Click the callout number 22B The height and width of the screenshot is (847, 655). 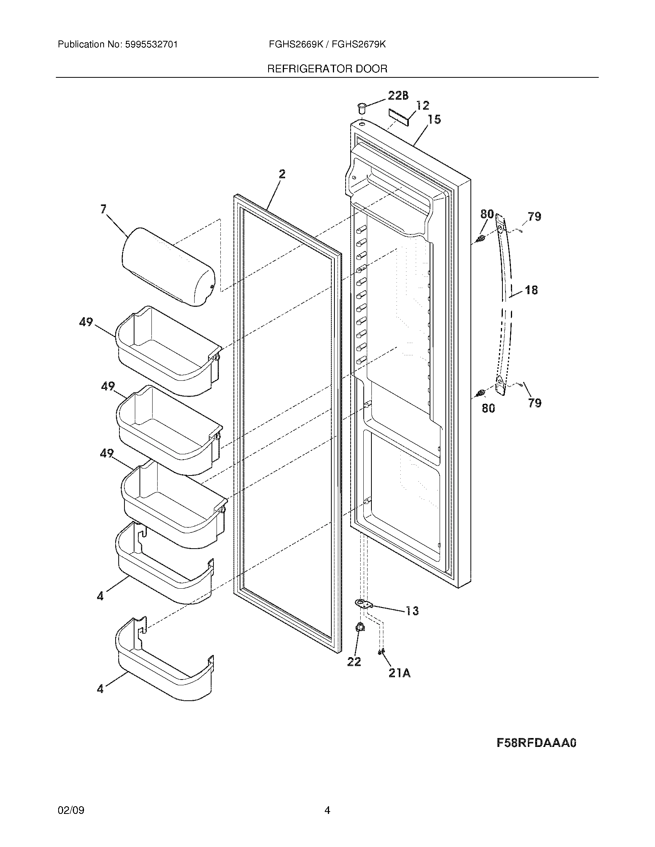[x=398, y=96]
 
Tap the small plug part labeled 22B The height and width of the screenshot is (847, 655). [x=362, y=107]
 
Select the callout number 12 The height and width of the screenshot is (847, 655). [x=423, y=105]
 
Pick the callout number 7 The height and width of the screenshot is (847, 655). [x=103, y=209]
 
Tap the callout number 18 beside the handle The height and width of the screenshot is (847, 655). [x=531, y=290]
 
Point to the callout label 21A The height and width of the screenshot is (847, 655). [x=399, y=674]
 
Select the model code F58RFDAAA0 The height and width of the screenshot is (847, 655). [x=536, y=743]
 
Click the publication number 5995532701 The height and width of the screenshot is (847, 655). [x=151, y=45]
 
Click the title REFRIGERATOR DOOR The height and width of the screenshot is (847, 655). [x=327, y=69]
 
